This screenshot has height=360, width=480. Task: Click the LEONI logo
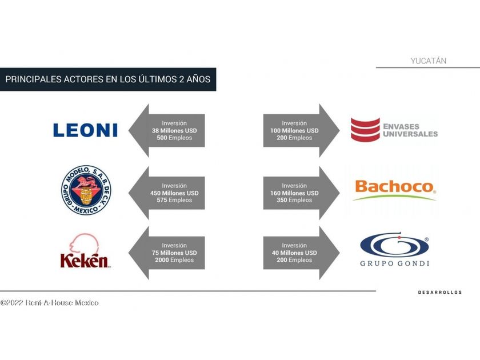click(x=85, y=130)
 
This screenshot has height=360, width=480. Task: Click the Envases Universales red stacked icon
click(x=365, y=130)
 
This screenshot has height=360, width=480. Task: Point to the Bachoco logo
click(x=394, y=188)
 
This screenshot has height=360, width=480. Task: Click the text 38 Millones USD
click(x=174, y=130)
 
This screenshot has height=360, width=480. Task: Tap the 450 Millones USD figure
click(x=174, y=193)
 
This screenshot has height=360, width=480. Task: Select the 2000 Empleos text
click(x=174, y=260)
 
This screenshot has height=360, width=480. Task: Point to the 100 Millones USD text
click(x=294, y=130)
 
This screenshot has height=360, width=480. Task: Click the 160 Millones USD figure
click(x=294, y=193)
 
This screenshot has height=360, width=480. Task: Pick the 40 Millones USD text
click(x=294, y=253)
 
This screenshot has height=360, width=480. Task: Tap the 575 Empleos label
click(x=174, y=201)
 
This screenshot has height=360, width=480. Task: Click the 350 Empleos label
click(x=294, y=201)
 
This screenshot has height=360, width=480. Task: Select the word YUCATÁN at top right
click(x=429, y=61)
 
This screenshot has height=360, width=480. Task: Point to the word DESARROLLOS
click(x=439, y=293)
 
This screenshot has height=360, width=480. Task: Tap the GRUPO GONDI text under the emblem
click(x=394, y=263)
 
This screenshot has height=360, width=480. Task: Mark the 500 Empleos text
click(x=174, y=138)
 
